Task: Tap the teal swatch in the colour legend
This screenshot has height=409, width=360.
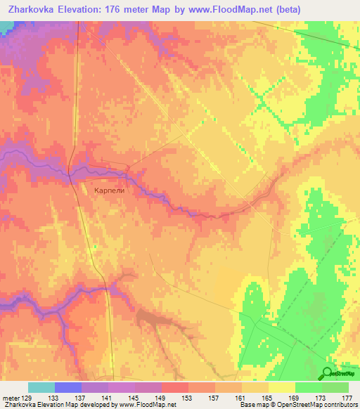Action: [x=41, y=387]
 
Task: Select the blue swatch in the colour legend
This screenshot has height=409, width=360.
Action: [x=68, y=387]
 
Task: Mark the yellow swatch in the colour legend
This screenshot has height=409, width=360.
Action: [x=282, y=387]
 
